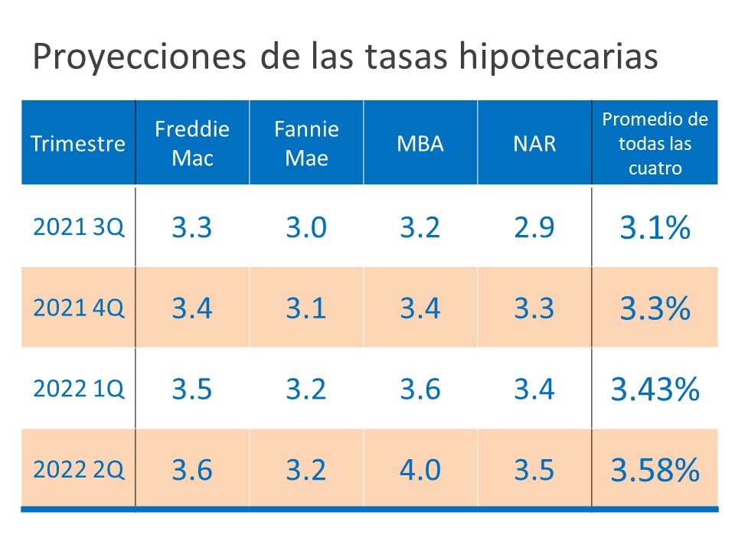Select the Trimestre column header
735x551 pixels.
point(78,143)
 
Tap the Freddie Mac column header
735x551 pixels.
point(191,142)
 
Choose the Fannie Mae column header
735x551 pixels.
point(306,142)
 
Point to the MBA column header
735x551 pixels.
point(420,143)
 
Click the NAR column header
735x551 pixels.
point(534,143)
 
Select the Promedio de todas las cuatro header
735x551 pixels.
point(655,143)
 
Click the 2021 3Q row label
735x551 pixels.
point(78,227)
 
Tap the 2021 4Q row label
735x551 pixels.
point(78,308)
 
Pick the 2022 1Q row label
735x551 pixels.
point(78,389)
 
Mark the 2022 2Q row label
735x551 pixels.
point(78,470)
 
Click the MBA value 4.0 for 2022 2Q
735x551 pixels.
point(420,470)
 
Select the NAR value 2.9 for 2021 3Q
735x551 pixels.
point(534,227)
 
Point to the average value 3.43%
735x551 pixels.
point(655,389)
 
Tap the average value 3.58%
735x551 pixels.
point(655,470)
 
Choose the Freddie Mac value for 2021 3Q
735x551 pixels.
point(191,227)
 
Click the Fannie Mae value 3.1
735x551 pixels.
point(306,308)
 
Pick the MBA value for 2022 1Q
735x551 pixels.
point(420,389)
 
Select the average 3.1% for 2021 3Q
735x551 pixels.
point(655,227)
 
